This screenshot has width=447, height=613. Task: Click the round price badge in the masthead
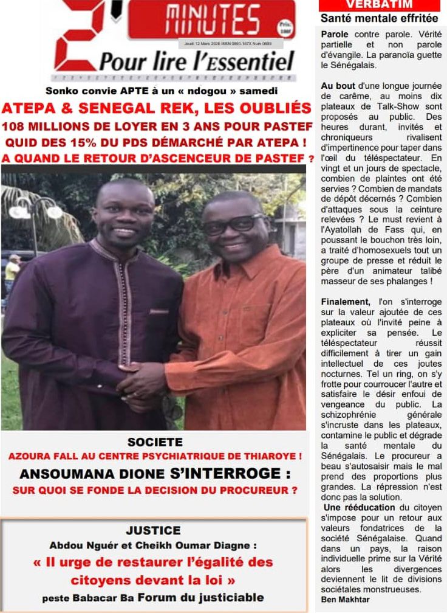[x=285, y=27]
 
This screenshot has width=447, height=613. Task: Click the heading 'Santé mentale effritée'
[x=379, y=18]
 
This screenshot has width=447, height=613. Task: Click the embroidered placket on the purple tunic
[x=127, y=304]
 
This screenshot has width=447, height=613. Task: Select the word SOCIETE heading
[x=155, y=442]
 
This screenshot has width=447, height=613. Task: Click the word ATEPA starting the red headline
[x=24, y=109]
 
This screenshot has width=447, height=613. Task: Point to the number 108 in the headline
[x=16, y=126]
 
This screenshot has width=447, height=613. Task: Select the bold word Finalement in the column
[x=346, y=302]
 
